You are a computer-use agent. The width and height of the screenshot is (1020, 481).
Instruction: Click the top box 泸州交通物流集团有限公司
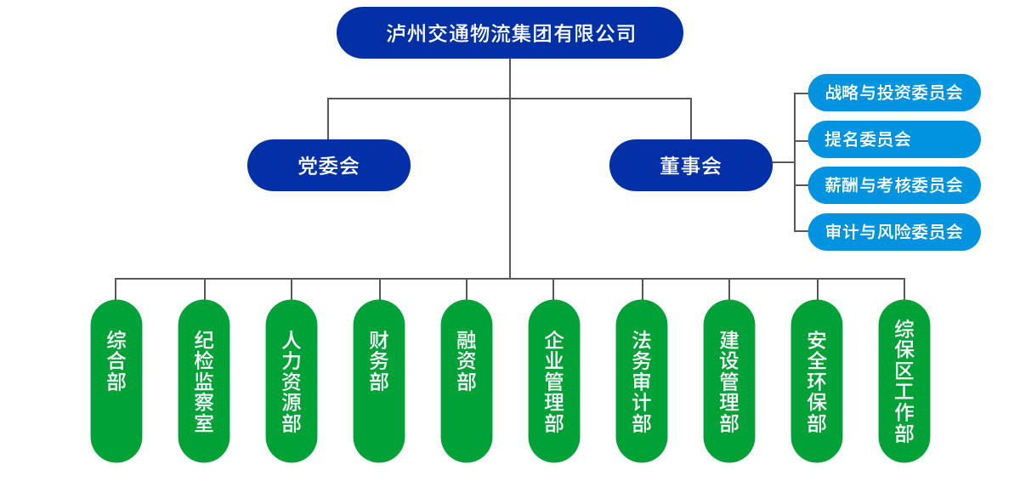click(510, 33)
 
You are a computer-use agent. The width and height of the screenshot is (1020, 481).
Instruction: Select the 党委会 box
click(329, 166)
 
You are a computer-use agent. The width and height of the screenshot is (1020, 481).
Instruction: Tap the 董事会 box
click(691, 166)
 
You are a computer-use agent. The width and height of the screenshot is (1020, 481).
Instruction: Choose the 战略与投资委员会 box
click(894, 93)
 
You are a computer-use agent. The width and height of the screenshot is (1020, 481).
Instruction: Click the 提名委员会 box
click(894, 139)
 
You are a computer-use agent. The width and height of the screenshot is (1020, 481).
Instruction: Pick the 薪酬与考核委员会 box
click(894, 185)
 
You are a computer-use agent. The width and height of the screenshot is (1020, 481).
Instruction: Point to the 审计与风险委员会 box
click(894, 232)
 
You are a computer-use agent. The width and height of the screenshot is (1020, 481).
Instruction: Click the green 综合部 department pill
click(116, 381)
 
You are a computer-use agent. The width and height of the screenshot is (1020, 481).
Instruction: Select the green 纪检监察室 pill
click(204, 381)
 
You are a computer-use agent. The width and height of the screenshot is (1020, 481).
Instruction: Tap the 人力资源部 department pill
click(292, 381)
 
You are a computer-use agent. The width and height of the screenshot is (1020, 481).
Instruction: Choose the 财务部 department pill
click(379, 381)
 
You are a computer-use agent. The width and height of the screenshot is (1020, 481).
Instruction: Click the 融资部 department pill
click(467, 381)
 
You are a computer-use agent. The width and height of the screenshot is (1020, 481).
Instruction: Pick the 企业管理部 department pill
click(554, 381)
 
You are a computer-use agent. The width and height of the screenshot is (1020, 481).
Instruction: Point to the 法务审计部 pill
click(642, 381)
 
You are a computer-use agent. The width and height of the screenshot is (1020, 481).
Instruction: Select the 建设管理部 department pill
click(729, 381)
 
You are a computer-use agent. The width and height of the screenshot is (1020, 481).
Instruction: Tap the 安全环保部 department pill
click(817, 381)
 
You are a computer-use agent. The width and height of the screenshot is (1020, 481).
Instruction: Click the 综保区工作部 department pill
click(904, 381)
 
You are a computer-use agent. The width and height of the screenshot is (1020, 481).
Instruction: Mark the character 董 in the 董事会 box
click(671, 166)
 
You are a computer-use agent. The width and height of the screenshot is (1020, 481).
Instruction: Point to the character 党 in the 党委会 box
click(308, 166)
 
